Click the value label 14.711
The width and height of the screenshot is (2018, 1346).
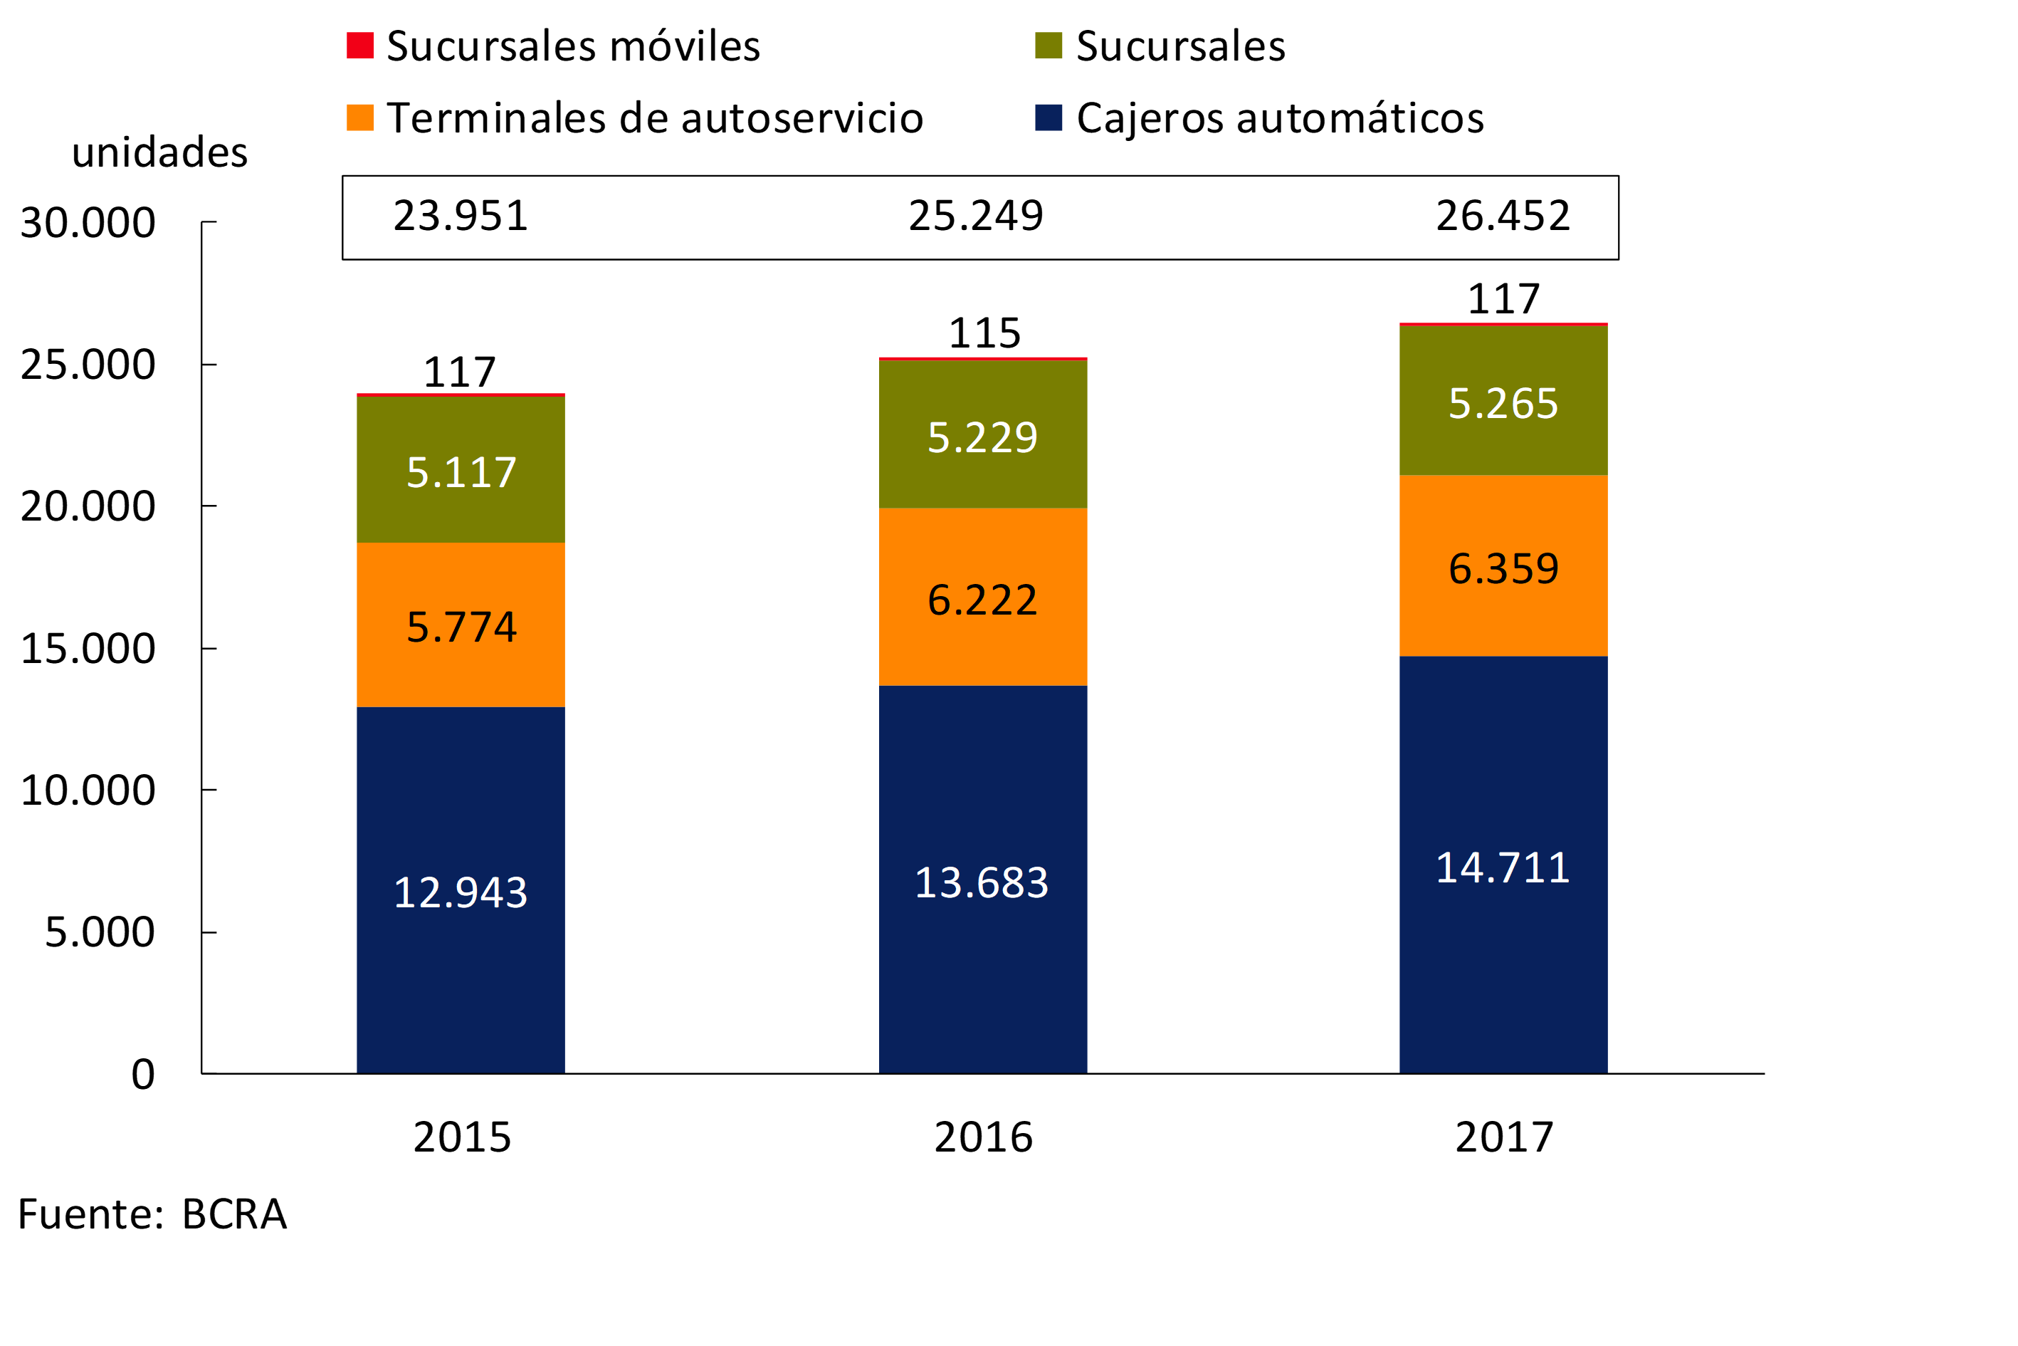(x=1503, y=868)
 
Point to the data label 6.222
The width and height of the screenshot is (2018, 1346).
(x=982, y=600)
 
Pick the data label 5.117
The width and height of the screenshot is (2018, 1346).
(x=461, y=473)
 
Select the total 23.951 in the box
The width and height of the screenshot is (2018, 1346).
(x=461, y=216)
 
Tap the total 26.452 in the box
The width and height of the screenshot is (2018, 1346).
(x=1503, y=216)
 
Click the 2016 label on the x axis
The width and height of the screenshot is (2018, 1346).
(x=983, y=1137)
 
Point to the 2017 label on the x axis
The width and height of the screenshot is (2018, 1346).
(x=1504, y=1137)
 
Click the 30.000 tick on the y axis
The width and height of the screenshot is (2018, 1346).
(x=88, y=223)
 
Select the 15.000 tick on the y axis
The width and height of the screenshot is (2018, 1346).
(x=88, y=649)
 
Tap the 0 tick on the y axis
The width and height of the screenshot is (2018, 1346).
(x=142, y=1075)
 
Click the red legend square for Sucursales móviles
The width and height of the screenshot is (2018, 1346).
(x=359, y=46)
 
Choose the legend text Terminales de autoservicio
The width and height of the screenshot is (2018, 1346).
(x=655, y=118)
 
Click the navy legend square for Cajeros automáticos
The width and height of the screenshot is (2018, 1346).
(x=1049, y=118)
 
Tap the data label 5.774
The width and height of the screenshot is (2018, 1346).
(x=461, y=627)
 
